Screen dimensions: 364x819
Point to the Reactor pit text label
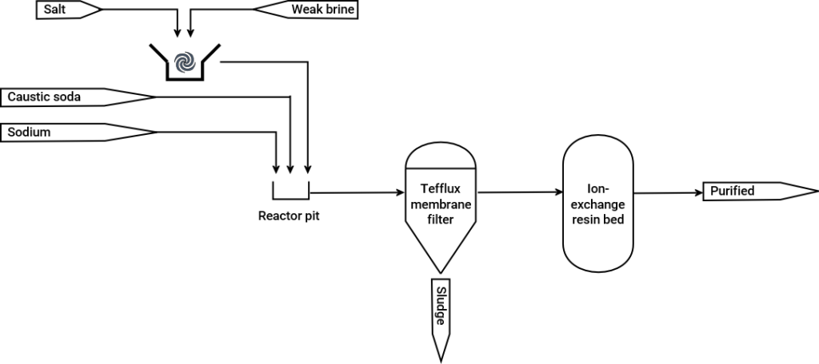(290, 216)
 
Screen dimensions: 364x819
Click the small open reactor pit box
(290, 190)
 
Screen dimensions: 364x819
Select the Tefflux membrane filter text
(441, 204)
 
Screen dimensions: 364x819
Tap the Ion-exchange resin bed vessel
(599, 203)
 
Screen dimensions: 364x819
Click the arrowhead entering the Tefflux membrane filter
(400, 192)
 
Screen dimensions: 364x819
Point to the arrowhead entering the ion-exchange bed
(557, 192)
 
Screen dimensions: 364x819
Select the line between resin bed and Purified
(668, 192)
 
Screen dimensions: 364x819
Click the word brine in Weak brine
(338, 10)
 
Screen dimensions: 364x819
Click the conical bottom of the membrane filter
(441, 247)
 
